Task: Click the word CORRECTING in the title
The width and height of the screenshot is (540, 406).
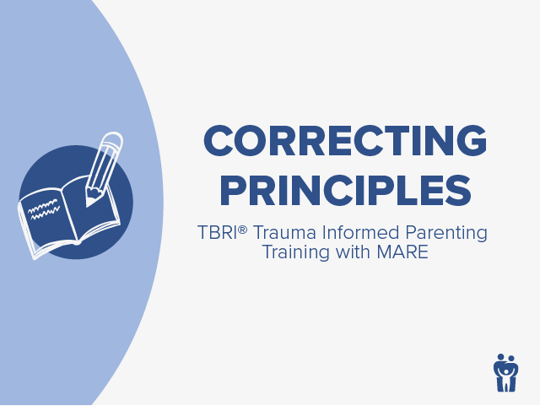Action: click(345, 140)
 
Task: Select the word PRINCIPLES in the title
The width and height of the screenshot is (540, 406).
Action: click(345, 190)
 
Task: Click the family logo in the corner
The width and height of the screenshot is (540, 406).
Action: click(506, 371)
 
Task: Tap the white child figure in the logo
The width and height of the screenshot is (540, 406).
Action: click(506, 376)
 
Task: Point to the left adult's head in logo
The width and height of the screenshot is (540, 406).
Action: click(499, 357)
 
